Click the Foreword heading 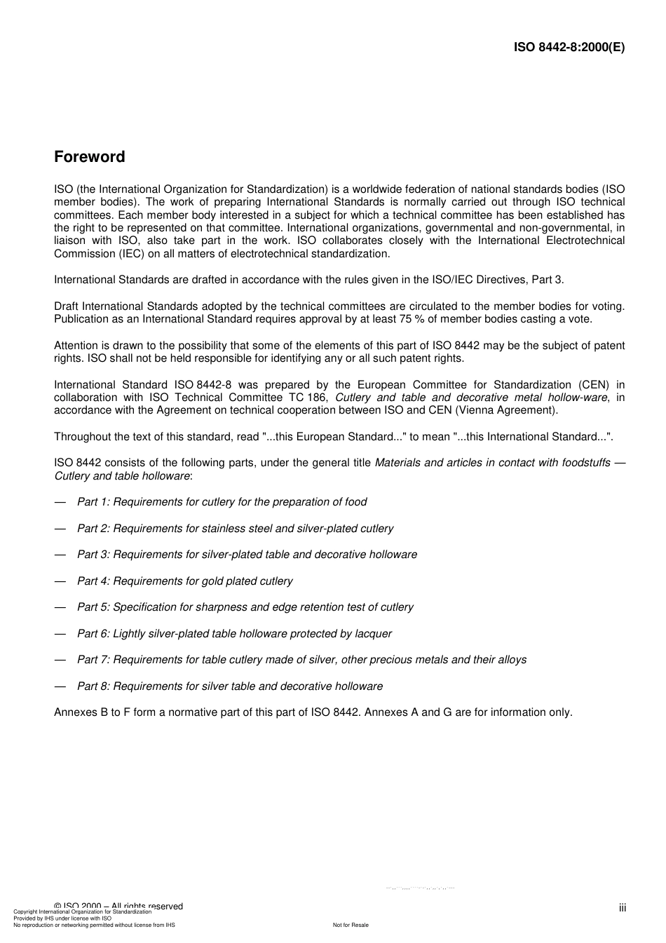click(89, 157)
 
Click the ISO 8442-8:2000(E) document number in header click(569, 48)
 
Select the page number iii click(622, 908)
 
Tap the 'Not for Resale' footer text click(351, 925)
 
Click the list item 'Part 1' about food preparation click(222, 502)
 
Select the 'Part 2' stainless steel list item click(235, 529)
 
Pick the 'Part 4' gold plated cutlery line click(184, 581)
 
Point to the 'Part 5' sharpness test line click(245, 607)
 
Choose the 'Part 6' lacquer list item click(234, 634)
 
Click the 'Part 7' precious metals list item click(301, 660)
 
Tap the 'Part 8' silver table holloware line click(230, 686)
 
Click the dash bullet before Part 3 click(60, 555)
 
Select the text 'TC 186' click(308, 398)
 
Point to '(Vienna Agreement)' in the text click(506, 410)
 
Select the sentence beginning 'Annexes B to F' click(313, 712)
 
